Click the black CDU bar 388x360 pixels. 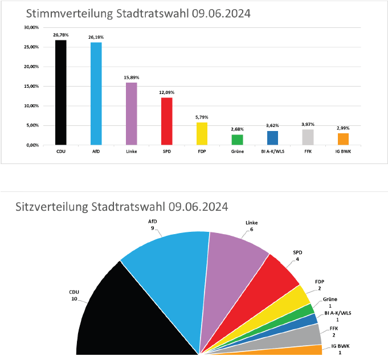tap(60, 92)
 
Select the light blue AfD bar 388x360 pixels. tap(96, 93)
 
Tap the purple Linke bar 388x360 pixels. tap(131, 113)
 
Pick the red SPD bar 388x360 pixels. tap(166, 121)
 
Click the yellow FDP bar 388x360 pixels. tap(202, 133)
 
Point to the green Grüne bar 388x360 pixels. tap(237, 140)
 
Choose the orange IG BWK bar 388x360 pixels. tap(343, 139)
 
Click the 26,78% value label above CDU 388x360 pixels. tap(60, 35)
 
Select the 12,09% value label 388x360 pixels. tap(166, 92)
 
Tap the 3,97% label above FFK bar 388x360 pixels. tap(308, 124)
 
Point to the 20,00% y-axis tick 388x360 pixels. tap(31, 67)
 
